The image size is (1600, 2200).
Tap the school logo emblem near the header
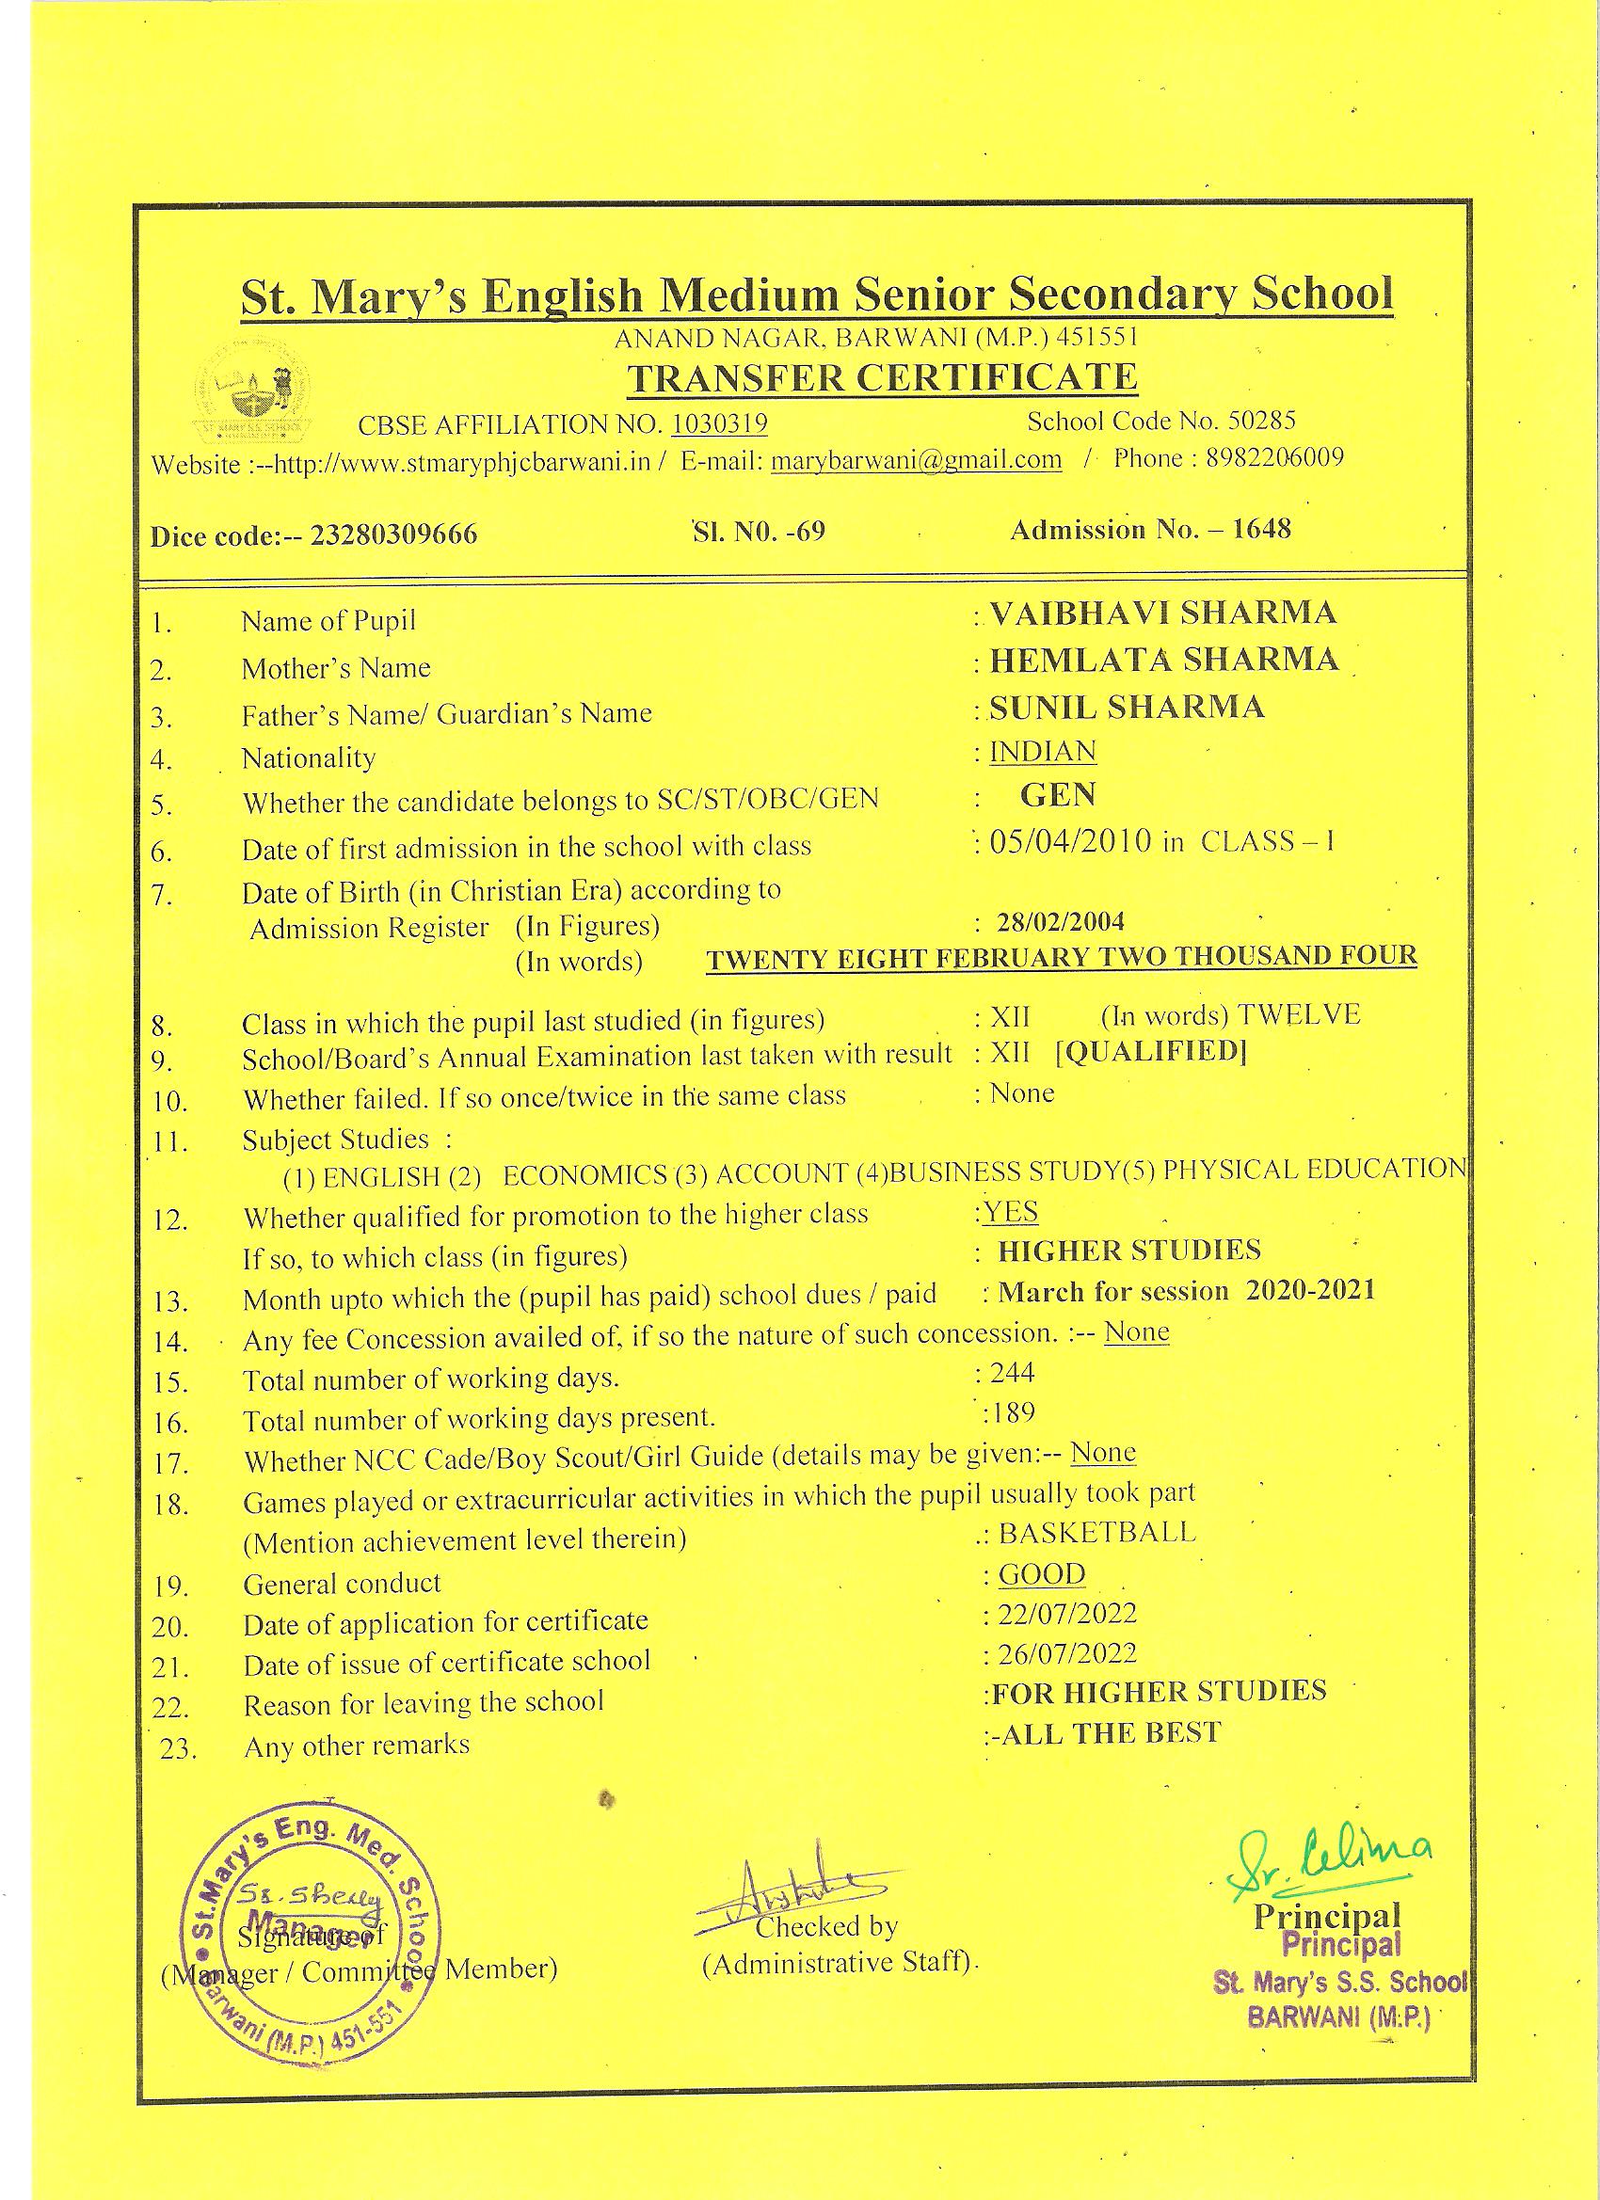(249, 395)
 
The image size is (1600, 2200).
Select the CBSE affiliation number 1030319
(719, 423)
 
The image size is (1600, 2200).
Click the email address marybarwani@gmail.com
(916, 459)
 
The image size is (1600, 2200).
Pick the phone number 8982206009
(1275, 457)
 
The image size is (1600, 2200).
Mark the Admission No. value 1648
(1261, 529)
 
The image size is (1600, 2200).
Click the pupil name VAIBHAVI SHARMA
(1162, 614)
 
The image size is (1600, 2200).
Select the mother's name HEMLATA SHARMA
(1163, 660)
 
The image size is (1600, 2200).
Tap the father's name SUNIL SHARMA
(1127, 708)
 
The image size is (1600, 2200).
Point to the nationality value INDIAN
(1042, 752)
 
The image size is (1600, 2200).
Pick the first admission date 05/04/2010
(1070, 840)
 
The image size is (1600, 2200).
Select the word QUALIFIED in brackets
(1150, 1051)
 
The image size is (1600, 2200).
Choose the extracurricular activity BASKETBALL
(1096, 1532)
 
